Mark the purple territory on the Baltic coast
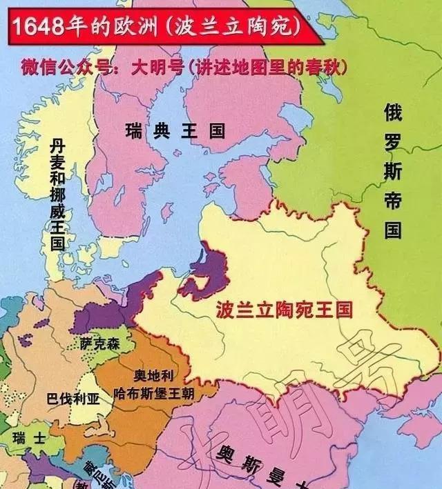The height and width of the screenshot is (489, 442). point(207,269)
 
